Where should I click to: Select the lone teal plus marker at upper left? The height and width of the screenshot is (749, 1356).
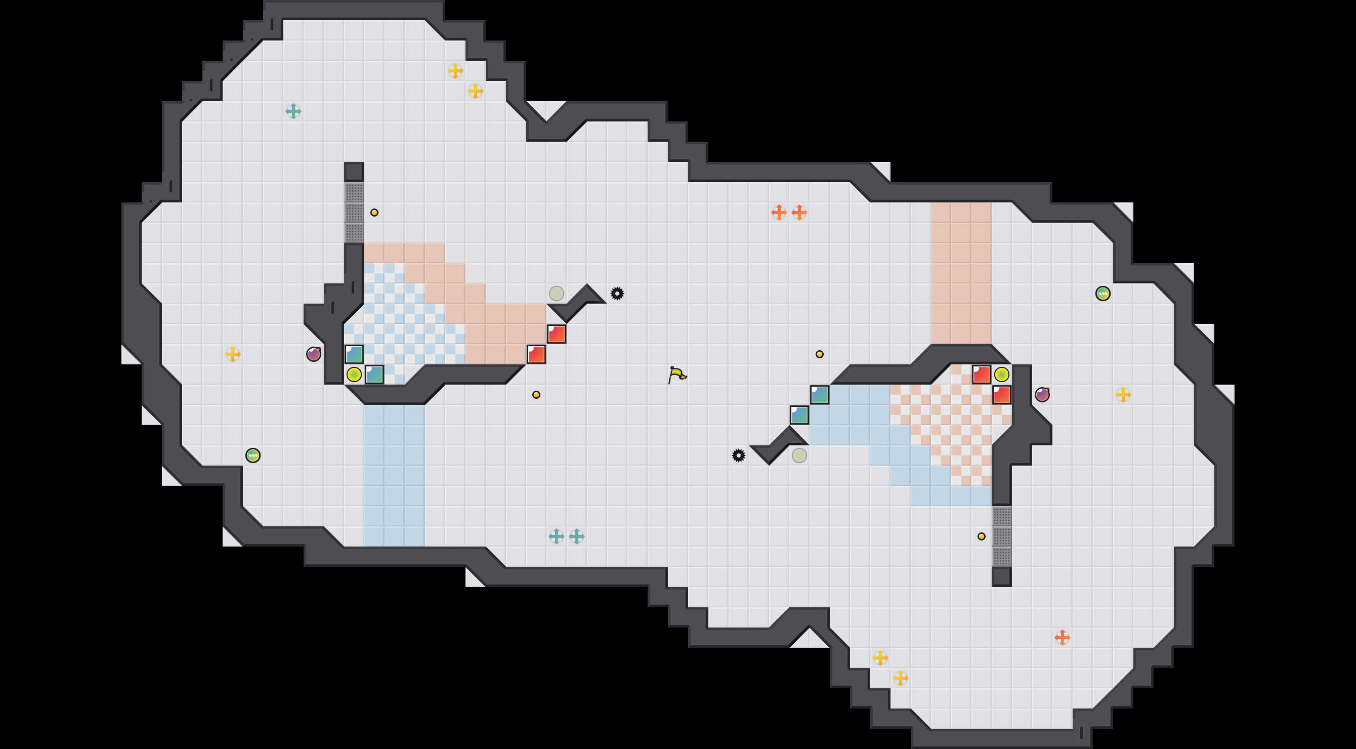tap(293, 111)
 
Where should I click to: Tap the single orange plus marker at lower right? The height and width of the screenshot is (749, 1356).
tap(1062, 638)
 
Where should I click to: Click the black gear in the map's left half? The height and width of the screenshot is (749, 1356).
tap(617, 293)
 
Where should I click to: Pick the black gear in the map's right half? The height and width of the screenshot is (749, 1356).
tap(739, 455)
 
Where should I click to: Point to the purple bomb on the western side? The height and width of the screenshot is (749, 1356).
tap(314, 354)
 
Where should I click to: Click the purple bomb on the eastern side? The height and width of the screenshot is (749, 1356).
tap(1042, 394)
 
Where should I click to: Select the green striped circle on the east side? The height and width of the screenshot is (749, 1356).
tap(1103, 293)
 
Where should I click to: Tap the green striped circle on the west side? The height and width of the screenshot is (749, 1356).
tap(252, 455)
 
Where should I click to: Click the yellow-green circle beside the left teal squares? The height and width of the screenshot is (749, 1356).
tap(354, 374)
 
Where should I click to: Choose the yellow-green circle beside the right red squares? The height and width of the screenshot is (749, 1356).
tap(1001, 374)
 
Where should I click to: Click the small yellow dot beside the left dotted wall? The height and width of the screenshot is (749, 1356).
tap(374, 213)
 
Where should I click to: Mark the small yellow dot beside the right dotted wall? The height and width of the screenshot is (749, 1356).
tap(981, 536)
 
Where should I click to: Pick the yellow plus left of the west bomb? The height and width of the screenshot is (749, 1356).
tap(233, 354)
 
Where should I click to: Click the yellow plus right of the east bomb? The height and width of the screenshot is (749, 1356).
tap(1123, 394)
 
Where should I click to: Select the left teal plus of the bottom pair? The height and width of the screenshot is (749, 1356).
tap(557, 536)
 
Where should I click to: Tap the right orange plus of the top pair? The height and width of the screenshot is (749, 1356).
tap(799, 213)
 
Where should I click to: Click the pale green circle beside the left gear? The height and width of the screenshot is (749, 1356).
tap(557, 293)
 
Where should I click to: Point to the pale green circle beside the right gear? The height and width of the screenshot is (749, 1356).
tap(799, 455)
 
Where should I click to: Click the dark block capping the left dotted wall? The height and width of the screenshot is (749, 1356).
tap(354, 172)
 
